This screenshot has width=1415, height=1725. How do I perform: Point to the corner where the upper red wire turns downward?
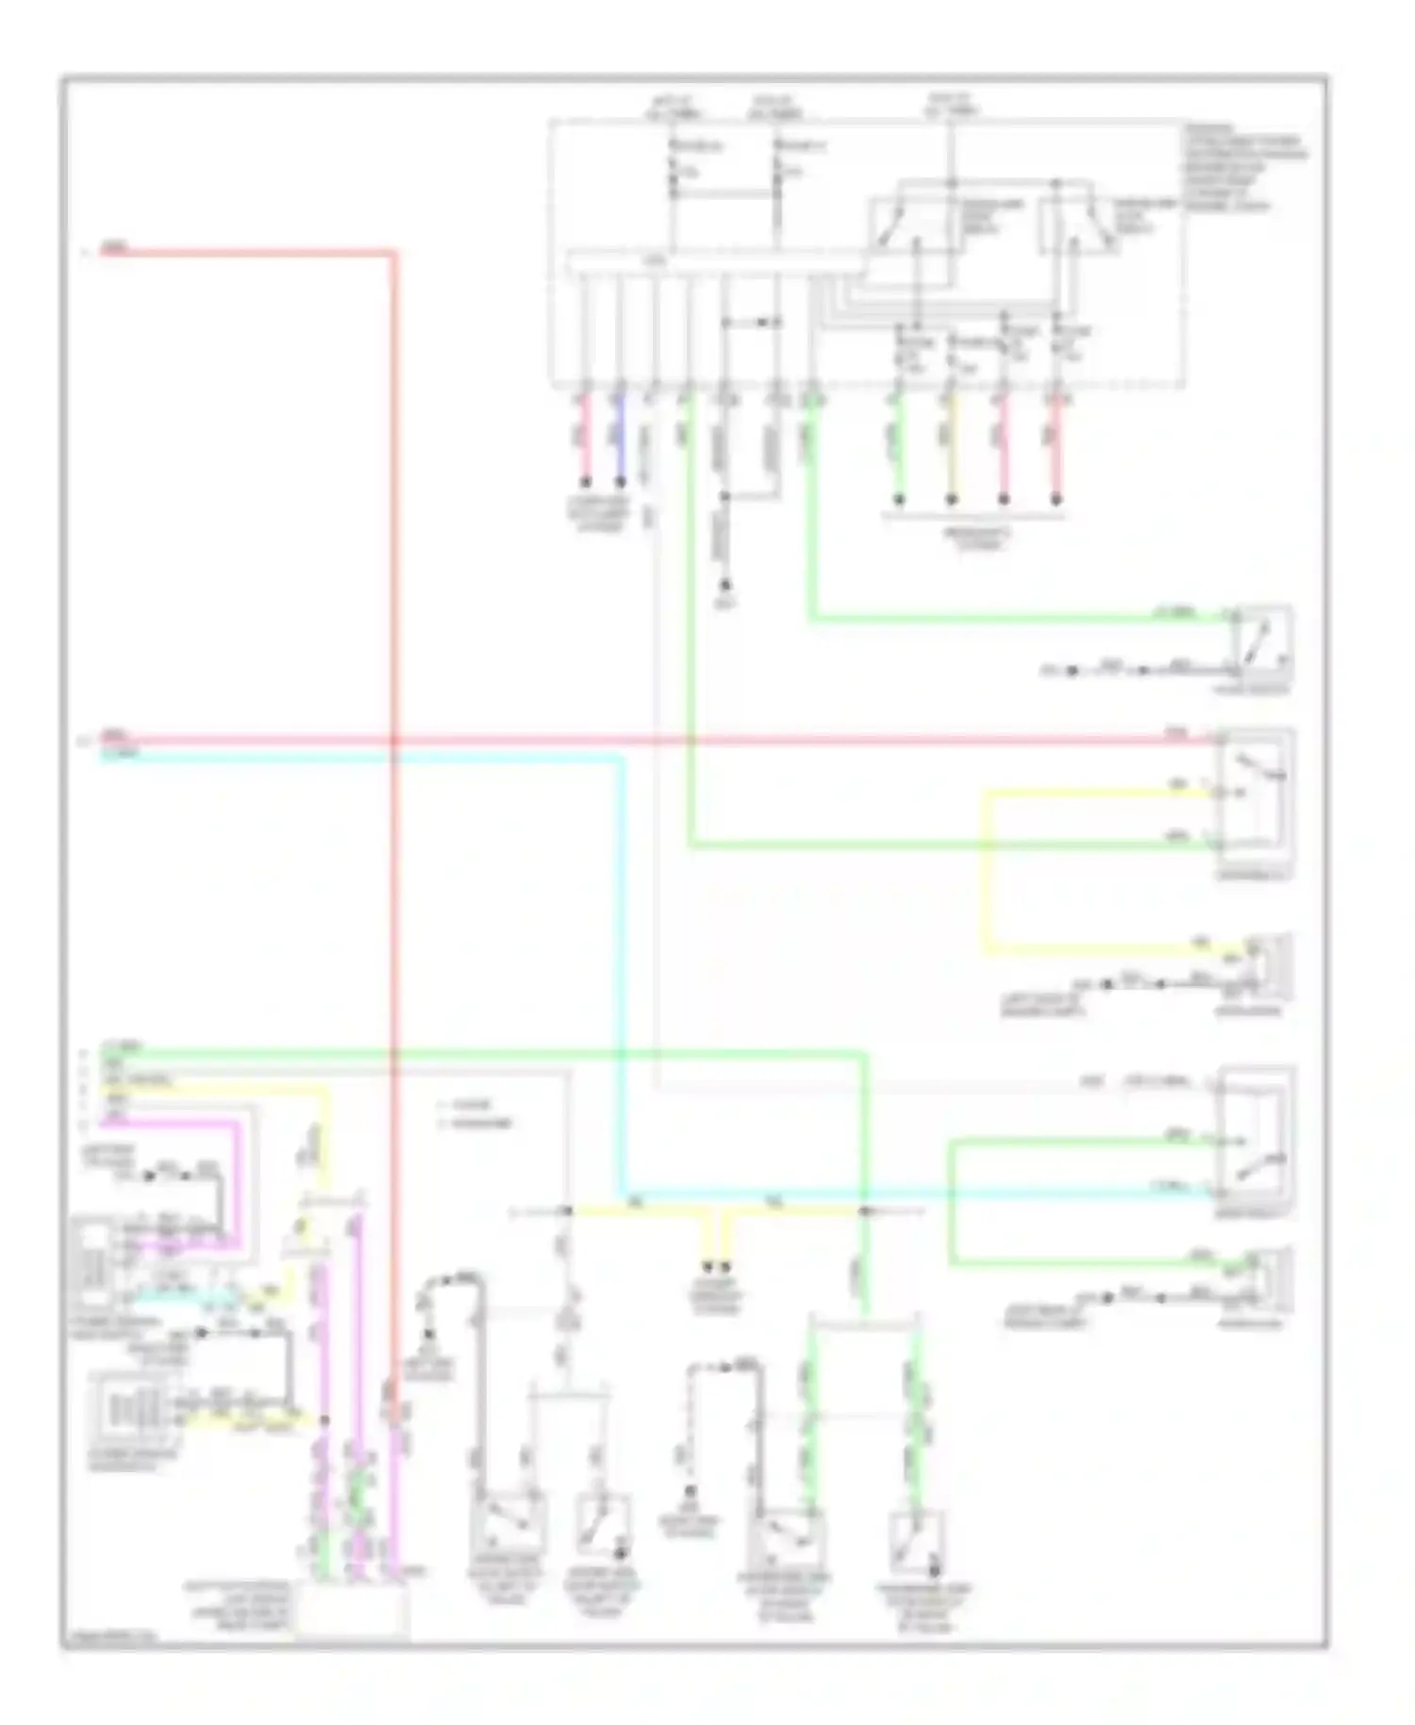[x=393, y=253]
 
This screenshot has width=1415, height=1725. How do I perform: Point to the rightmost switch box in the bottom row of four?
[x=916, y=1538]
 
